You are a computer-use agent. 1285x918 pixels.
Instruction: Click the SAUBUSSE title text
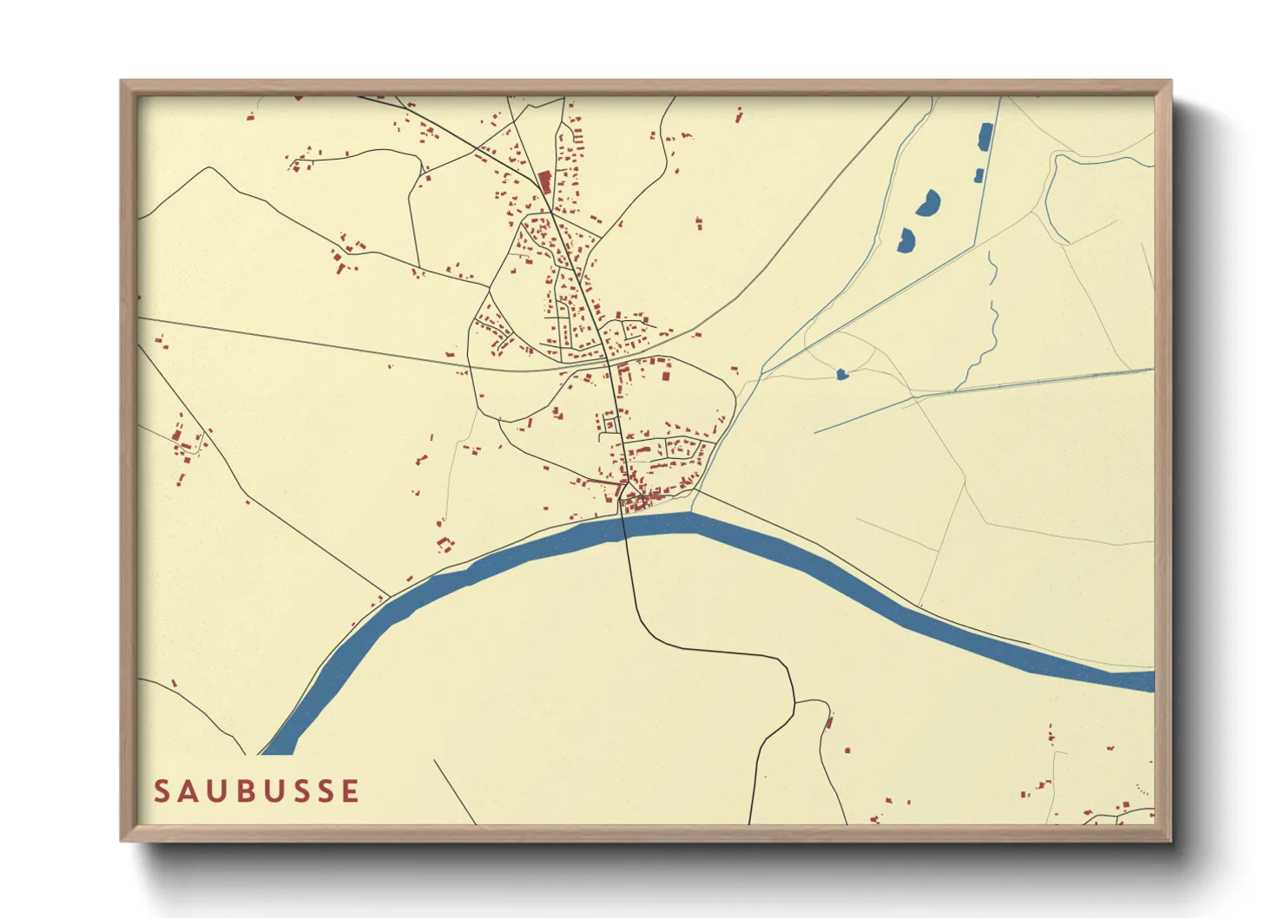[256, 791]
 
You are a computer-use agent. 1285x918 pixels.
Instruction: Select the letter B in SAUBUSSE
[256, 791]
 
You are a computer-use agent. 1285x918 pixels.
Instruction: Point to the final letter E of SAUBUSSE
[350, 791]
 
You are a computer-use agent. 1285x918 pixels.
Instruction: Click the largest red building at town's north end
[544, 182]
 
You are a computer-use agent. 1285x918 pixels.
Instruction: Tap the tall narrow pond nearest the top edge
[985, 137]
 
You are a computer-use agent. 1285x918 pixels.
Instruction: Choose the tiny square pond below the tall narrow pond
[979, 176]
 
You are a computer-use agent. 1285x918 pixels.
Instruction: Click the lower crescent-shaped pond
[906, 240]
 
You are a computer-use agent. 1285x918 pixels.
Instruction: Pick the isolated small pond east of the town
[840, 375]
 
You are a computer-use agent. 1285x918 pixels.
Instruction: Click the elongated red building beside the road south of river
[829, 720]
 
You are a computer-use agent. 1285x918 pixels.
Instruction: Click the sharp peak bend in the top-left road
[208, 168]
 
